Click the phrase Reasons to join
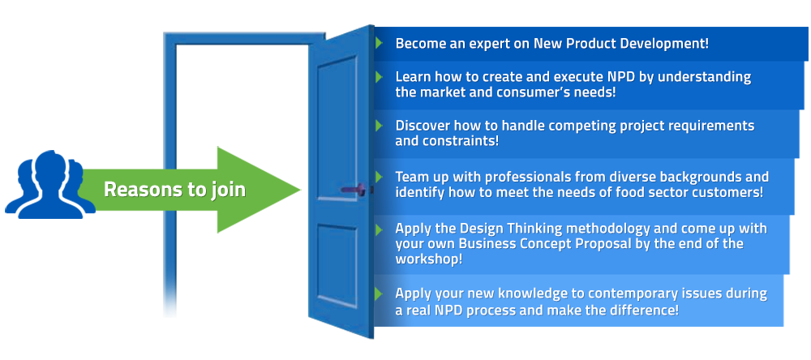pyautogui.click(x=175, y=190)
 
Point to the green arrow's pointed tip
pyautogui.click(x=301, y=190)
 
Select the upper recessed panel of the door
pyautogui.click(x=337, y=128)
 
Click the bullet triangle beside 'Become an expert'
pyautogui.click(x=379, y=43)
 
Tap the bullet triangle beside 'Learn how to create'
pyautogui.click(x=379, y=77)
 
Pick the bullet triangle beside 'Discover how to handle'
pyautogui.click(x=379, y=125)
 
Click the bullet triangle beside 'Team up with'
pyautogui.click(x=379, y=177)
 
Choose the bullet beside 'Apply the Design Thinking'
pyautogui.click(x=379, y=228)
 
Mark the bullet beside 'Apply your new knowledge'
pyautogui.click(x=379, y=294)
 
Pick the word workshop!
pyautogui.click(x=429, y=259)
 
